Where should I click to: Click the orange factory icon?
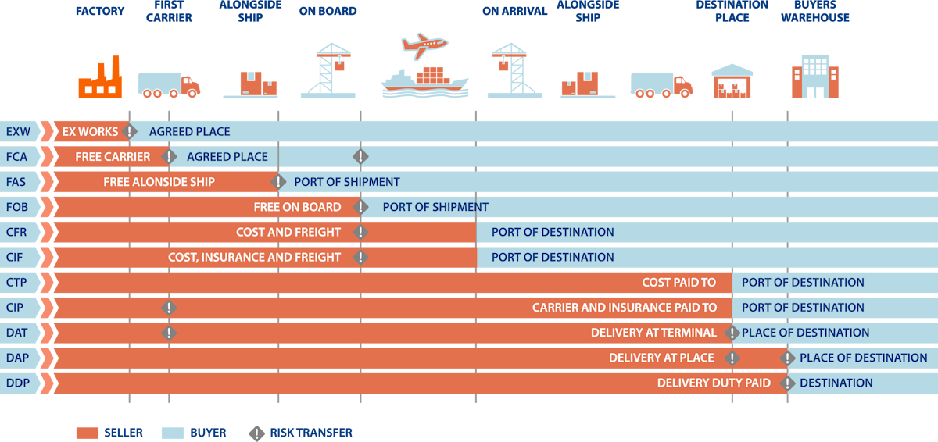click(x=100, y=77)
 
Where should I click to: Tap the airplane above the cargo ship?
click(x=424, y=45)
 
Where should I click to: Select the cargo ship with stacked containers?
click(x=425, y=82)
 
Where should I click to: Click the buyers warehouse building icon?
click(x=814, y=77)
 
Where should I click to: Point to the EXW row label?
click(x=18, y=132)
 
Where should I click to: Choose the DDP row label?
click(x=17, y=383)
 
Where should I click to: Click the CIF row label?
click(x=14, y=257)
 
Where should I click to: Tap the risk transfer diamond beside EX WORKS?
click(x=130, y=132)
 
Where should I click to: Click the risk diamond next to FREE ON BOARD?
click(x=360, y=207)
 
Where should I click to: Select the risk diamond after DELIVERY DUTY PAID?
click(x=787, y=383)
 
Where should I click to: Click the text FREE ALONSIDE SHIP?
click(x=159, y=182)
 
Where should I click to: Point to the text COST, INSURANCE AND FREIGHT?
click(x=254, y=257)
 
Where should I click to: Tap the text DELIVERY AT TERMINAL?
click(x=653, y=333)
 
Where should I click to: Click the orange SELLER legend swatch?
click(x=88, y=433)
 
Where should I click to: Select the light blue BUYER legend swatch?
click(x=173, y=433)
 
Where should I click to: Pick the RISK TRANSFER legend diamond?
click(x=256, y=433)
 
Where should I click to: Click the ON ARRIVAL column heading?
click(x=514, y=11)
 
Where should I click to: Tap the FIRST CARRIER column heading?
click(x=169, y=11)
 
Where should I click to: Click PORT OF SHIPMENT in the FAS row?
click(x=347, y=182)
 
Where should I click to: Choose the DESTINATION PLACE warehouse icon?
click(x=732, y=81)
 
